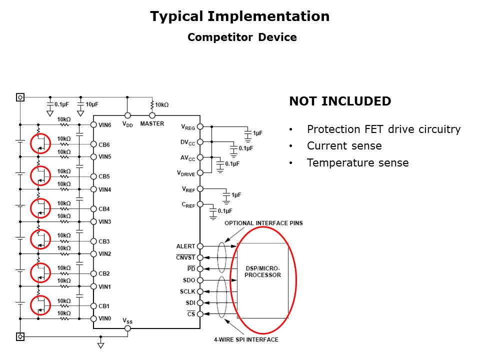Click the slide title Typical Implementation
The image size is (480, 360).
tap(240, 16)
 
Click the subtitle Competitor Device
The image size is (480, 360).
tap(242, 37)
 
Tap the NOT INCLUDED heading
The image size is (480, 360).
tap(340, 101)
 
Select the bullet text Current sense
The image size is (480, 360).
tap(344, 146)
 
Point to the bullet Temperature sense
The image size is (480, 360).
tap(357, 162)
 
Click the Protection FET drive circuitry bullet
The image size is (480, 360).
tap(383, 129)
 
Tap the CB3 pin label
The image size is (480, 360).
tap(104, 241)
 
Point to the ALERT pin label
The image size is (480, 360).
tap(185, 246)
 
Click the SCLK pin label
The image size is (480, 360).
tap(187, 291)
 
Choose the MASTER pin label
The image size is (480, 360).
tap(152, 123)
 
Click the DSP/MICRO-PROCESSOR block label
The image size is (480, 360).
tap(262, 272)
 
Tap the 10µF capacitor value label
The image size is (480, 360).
tap(92, 104)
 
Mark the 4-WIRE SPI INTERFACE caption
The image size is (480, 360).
tap(246, 339)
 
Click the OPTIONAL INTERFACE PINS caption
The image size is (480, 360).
tap(263, 223)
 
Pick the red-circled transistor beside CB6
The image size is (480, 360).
tap(40, 143)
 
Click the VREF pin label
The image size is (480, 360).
tap(188, 189)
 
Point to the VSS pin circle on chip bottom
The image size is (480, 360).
tap(127, 328)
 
